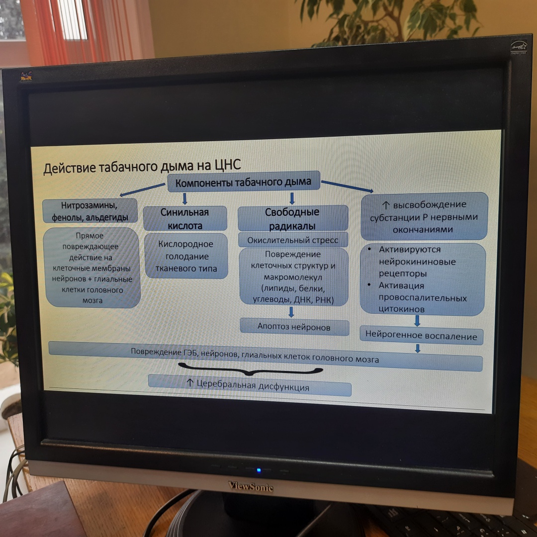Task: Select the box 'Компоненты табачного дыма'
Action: click(243, 182)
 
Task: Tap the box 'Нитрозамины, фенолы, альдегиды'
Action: click(89, 211)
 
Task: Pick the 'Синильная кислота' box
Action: click(184, 218)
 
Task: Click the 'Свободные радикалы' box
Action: click(292, 219)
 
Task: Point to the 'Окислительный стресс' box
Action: click(293, 240)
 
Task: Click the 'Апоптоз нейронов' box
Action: click(293, 326)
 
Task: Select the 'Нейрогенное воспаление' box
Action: click(421, 336)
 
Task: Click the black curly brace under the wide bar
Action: click(251, 370)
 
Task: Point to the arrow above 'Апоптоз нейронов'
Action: click(291, 312)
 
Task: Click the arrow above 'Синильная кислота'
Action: click(185, 199)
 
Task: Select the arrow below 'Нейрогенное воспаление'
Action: click(418, 349)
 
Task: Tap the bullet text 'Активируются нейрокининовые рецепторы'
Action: click(417, 262)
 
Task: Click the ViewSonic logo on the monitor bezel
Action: click(251, 486)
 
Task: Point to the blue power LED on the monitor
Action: click(258, 470)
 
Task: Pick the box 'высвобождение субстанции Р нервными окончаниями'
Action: click(424, 217)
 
